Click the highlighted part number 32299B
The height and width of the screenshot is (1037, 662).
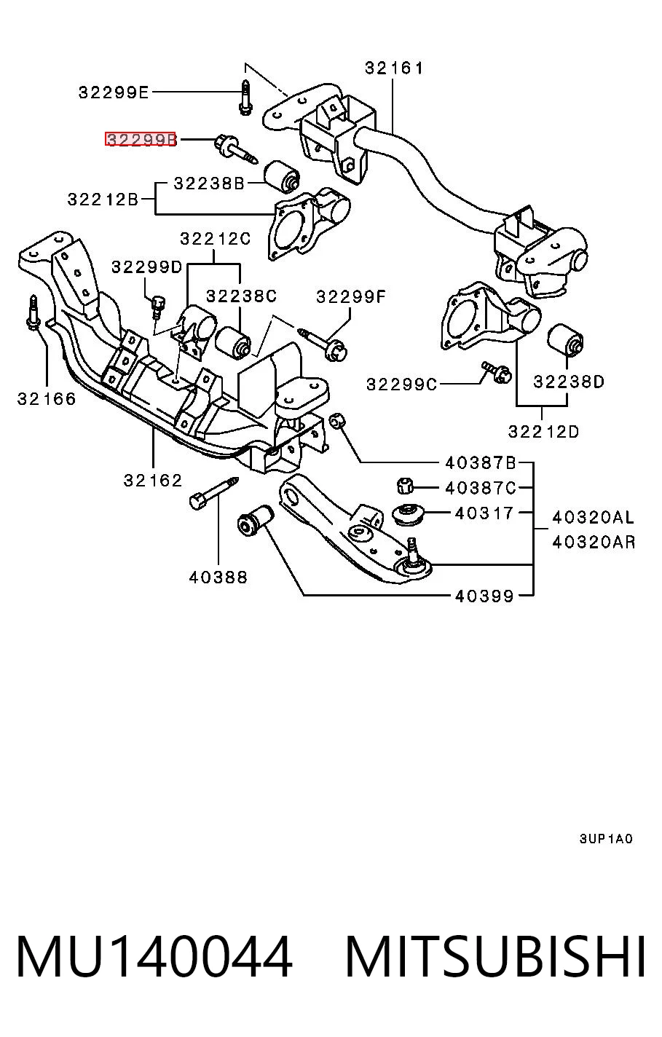[x=141, y=139]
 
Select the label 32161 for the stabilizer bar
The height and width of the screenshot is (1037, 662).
[x=393, y=68]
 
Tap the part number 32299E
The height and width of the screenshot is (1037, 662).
[x=114, y=92]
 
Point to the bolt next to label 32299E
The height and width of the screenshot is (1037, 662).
[x=245, y=98]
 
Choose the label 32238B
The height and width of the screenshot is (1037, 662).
[x=209, y=184]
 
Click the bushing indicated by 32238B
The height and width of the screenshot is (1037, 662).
[x=281, y=177]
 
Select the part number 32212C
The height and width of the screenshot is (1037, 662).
[x=216, y=239]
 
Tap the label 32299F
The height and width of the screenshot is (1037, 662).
[x=350, y=296]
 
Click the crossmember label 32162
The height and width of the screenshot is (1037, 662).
[x=153, y=481]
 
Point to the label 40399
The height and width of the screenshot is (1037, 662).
[x=484, y=596]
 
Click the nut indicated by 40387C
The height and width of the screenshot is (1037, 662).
[x=405, y=486]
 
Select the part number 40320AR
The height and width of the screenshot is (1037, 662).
[x=594, y=542]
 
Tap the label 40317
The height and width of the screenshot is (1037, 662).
[x=484, y=513]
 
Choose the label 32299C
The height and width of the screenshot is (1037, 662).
[x=401, y=385]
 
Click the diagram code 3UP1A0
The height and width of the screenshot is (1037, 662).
[x=605, y=838]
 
